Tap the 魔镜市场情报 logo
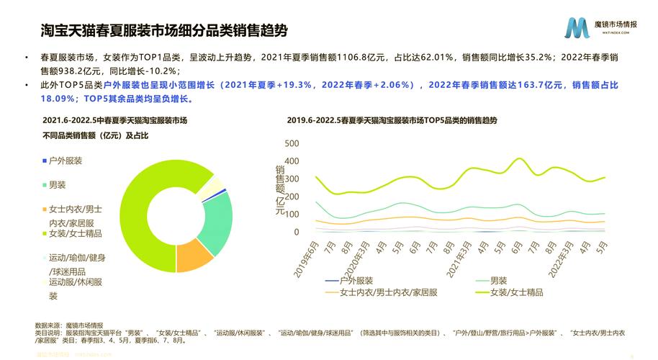click(x=598, y=28)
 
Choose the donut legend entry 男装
click(x=57, y=185)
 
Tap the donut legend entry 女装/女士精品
click(x=75, y=234)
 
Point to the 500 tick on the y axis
click(x=292, y=143)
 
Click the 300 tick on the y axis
click(x=292, y=179)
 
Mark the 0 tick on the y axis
click(x=295, y=232)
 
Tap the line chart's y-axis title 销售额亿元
click(x=280, y=191)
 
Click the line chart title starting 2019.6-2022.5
click(x=392, y=120)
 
